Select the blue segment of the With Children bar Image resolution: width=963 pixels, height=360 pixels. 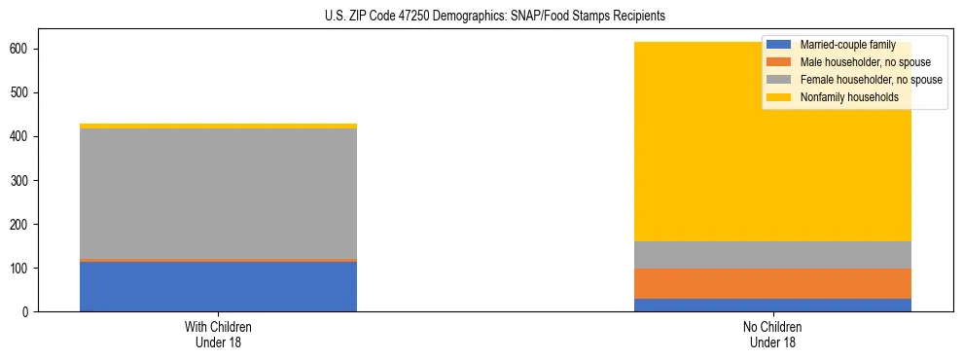click(218, 287)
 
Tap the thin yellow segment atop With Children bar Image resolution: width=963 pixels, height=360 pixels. click(218, 126)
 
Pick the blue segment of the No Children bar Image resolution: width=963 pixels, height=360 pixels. click(772, 305)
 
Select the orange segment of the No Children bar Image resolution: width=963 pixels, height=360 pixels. click(772, 283)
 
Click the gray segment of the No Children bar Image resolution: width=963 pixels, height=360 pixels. click(772, 255)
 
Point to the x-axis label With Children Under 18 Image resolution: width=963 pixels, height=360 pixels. click(218, 334)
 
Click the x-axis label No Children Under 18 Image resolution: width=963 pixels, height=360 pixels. click(772, 334)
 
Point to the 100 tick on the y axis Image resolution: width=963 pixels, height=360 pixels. click(23, 268)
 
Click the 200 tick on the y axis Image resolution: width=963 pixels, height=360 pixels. click(23, 224)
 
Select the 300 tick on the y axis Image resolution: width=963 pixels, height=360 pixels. click(23, 180)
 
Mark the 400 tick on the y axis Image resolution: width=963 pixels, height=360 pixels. click(23, 136)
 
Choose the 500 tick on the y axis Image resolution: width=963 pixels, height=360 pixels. click(23, 92)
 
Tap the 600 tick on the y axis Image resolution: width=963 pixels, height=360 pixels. click(23, 49)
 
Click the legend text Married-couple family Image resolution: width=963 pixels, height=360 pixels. click(847, 45)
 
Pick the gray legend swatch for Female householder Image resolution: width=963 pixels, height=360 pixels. click(779, 80)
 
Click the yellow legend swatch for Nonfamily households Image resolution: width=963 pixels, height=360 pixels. click(779, 97)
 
